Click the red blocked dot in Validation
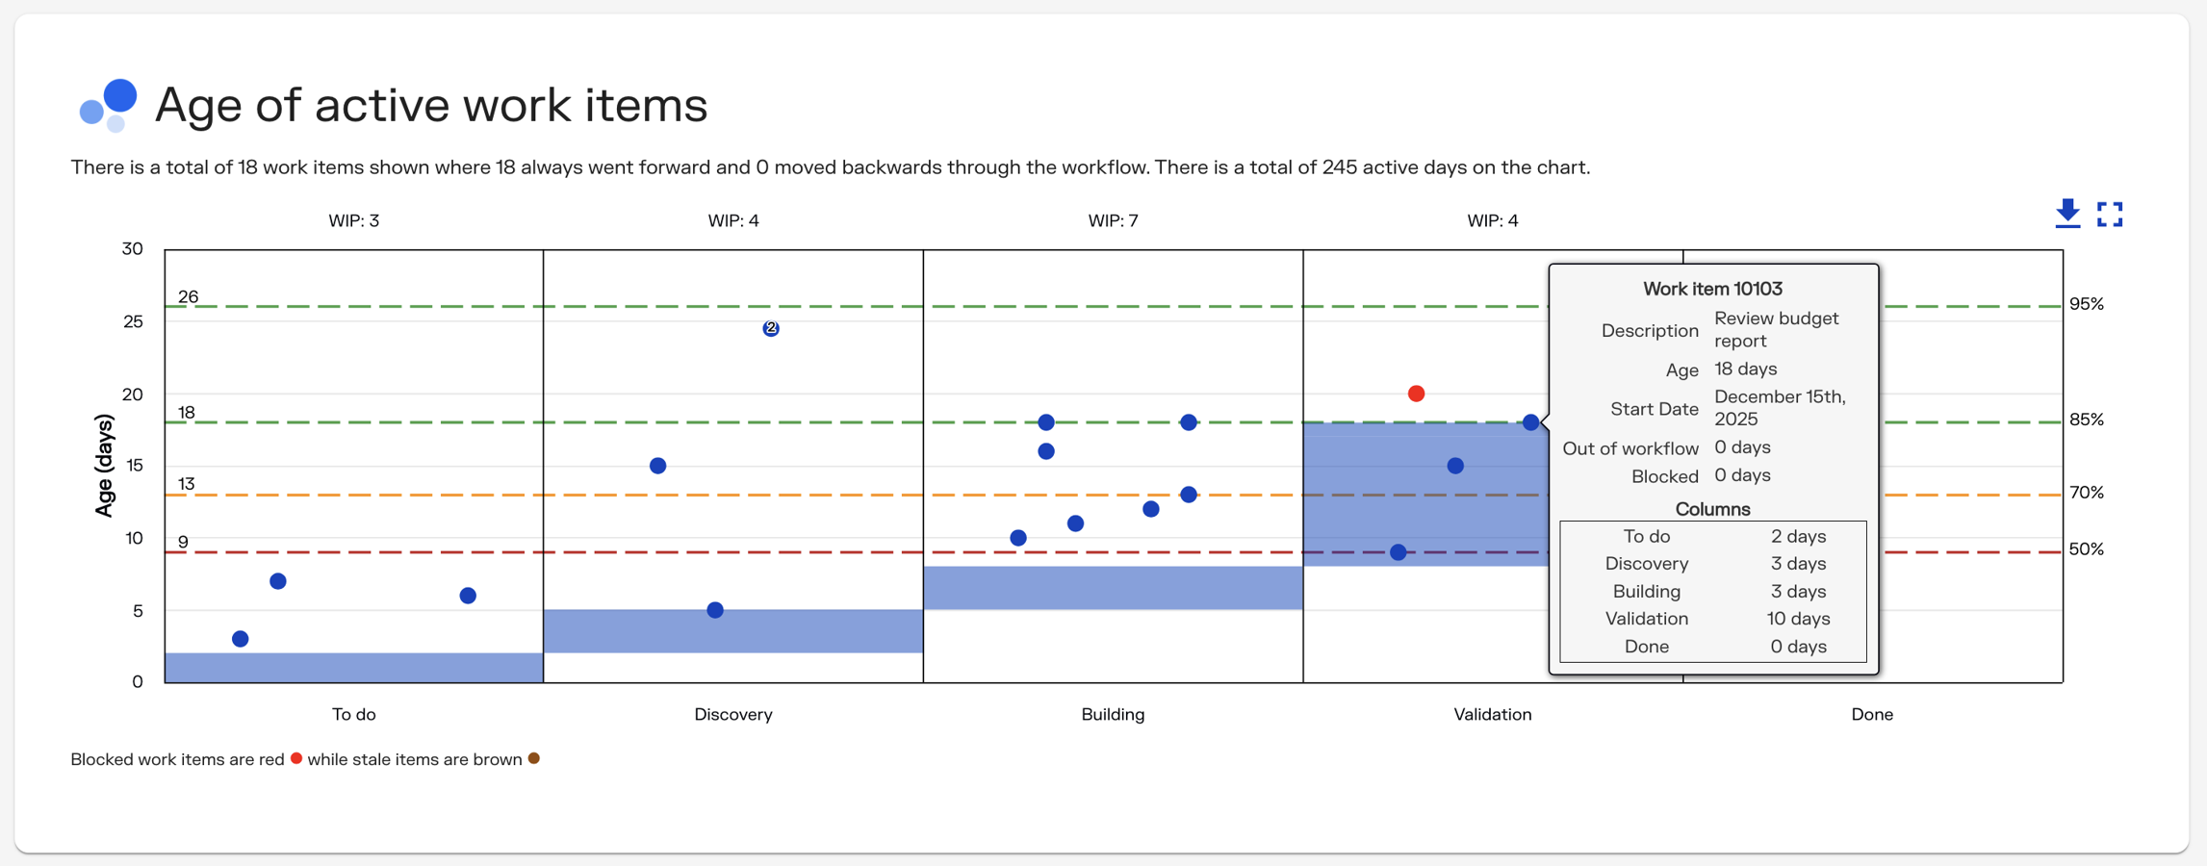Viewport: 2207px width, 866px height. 1416,394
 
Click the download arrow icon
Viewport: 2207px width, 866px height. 2067,214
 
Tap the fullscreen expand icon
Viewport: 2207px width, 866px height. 2110,214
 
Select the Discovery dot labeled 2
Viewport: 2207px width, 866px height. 771,328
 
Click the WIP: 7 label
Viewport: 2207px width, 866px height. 1113,220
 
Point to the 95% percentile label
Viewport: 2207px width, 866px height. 2086,304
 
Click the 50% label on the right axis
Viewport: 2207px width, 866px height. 2086,549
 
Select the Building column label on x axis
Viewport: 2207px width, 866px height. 1113,714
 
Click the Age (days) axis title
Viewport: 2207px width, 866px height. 104,466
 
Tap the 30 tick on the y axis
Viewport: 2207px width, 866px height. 132,249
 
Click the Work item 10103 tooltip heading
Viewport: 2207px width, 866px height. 1712,289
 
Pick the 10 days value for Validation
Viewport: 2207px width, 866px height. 1798,619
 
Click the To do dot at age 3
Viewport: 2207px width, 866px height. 241,639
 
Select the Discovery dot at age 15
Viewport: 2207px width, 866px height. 658,466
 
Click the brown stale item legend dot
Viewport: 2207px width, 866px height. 534,758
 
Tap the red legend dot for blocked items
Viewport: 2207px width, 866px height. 296,758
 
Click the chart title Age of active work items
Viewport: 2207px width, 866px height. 430,105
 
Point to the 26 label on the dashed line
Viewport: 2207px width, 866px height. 188,296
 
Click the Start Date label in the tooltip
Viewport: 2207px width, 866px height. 1654,409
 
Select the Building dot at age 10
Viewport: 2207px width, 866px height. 1018,538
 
